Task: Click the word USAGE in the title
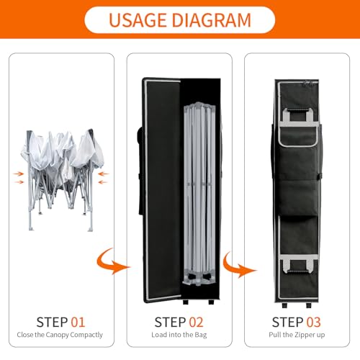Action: pos(138,20)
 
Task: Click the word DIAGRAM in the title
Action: pos(212,20)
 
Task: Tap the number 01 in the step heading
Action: pos(78,322)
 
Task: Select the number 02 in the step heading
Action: pos(196,322)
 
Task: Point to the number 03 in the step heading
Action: pos(313,322)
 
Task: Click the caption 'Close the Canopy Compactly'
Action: pos(60,335)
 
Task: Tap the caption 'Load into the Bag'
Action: pos(179,335)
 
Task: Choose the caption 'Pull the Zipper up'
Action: pos(297,335)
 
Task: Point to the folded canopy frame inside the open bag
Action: pos(199,194)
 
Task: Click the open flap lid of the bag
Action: pos(162,190)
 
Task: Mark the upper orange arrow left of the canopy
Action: pos(19,174)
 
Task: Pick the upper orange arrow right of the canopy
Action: pos(104,174)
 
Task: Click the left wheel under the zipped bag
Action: pos(284,305)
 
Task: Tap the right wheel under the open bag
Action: pos(211,302)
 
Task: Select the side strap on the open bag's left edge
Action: pos(140,171)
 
